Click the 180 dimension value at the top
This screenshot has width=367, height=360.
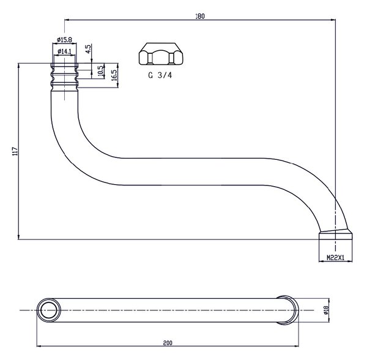tap(200, 16)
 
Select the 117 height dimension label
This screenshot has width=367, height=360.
tap(15, 151)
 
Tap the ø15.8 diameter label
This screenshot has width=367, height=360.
tap(64, 40)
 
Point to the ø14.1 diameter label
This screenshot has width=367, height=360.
tap(64, 51)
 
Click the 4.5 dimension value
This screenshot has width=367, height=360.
tap(88, 49)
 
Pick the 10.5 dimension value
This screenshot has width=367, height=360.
tap(100, 70)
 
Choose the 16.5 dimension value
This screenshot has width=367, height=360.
tap(114, 75)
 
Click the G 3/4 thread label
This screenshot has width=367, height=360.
tap(160, 75)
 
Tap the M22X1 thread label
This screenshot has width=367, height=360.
tap(335, 258)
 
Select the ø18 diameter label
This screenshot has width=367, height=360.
tap(327, 310)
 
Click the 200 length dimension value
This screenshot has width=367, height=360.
tap(168, 343)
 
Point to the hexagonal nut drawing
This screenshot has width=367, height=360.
tap(161, 54)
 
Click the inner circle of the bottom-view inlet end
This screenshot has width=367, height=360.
tap(49, 310)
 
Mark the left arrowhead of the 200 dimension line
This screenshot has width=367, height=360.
tap(39, 346)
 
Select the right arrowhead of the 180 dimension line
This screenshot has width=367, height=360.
tap(333, 20)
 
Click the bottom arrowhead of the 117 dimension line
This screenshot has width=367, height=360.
tap(18, 237)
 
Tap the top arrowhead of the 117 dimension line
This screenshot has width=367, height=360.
tap(18, 66)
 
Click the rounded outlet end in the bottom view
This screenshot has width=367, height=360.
tap(288, 310)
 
